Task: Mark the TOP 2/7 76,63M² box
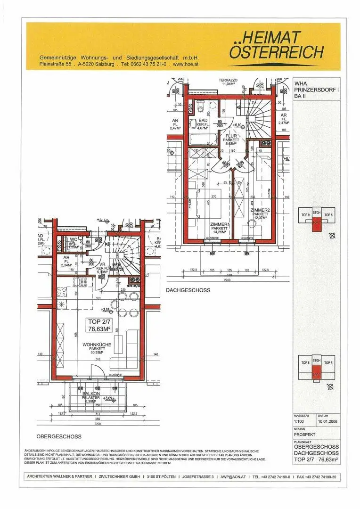(x=99, y=325)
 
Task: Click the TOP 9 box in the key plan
(x=305, y=214)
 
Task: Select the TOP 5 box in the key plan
(x=328, y=362)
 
